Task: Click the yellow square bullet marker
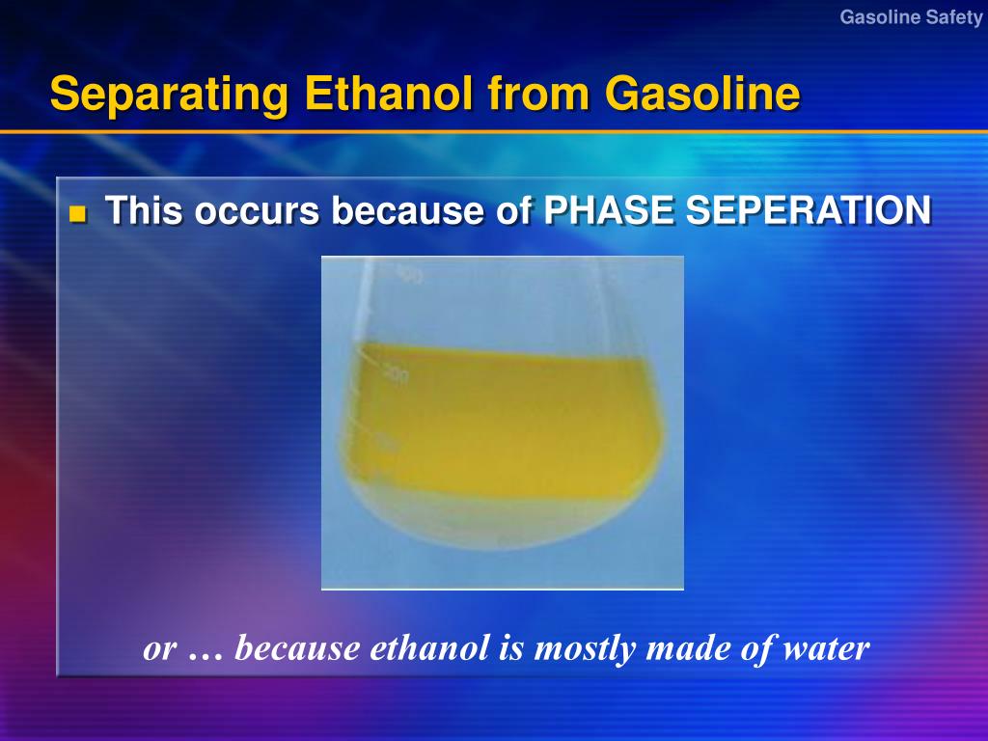coord(78,213)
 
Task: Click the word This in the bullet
coord(144,210)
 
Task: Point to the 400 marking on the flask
coord(408,277)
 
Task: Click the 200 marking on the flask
coord(396,373)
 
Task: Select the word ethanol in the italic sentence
coord(432,647)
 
